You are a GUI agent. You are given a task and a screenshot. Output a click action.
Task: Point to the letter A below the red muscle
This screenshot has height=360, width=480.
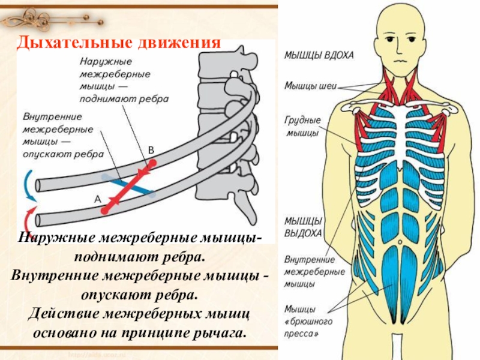point(96,197)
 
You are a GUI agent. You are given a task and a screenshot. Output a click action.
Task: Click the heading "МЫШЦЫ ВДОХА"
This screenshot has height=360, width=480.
point(319,55)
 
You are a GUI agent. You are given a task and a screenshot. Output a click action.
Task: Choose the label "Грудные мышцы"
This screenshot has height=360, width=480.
point(302,126)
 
